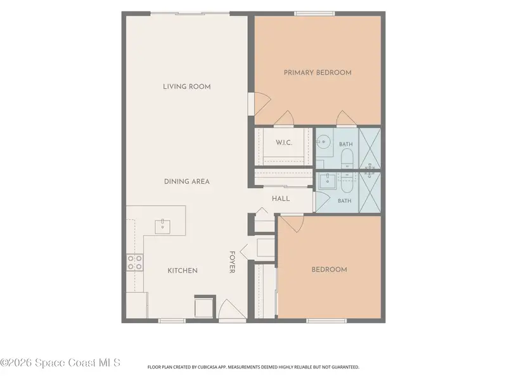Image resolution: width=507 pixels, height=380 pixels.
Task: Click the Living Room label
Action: [187, 87]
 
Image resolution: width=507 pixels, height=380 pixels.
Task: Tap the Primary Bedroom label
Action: [318, 73]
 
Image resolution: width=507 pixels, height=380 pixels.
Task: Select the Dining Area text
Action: [187, 182]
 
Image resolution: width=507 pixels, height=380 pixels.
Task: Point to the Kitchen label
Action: [183, 270]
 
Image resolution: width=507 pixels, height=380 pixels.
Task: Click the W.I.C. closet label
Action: [284, 142]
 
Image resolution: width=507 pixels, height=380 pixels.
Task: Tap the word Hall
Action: [281, 199]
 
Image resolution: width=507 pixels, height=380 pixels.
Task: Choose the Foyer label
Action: [232, 262]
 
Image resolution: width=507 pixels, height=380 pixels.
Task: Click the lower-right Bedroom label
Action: [329, 270]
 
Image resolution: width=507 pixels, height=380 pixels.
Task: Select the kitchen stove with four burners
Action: [135, 262]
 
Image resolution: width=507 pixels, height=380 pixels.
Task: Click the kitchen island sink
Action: [163, 226]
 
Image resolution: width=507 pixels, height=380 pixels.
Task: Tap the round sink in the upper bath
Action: [323, 141]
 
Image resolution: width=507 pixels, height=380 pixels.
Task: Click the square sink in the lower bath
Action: [327, 181]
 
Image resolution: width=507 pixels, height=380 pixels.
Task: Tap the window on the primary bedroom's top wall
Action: [314, 13]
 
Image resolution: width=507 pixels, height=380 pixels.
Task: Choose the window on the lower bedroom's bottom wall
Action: [326, 320]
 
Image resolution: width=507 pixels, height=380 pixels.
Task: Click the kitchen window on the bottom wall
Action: [172, 320]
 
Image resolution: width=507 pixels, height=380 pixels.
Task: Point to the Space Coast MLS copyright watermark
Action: [60, 363]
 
